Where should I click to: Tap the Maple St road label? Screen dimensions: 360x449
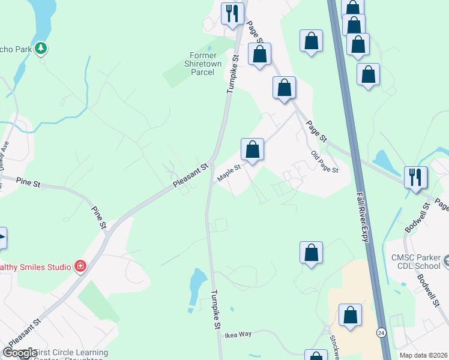229,173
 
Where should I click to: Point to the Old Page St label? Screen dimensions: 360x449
325,162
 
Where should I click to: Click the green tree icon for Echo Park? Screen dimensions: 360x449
41,47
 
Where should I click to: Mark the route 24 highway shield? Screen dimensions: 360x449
381,332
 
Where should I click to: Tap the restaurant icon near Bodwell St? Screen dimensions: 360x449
415,177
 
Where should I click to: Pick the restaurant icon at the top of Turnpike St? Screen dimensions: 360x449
232,13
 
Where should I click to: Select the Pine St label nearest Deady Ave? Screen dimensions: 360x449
28,182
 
